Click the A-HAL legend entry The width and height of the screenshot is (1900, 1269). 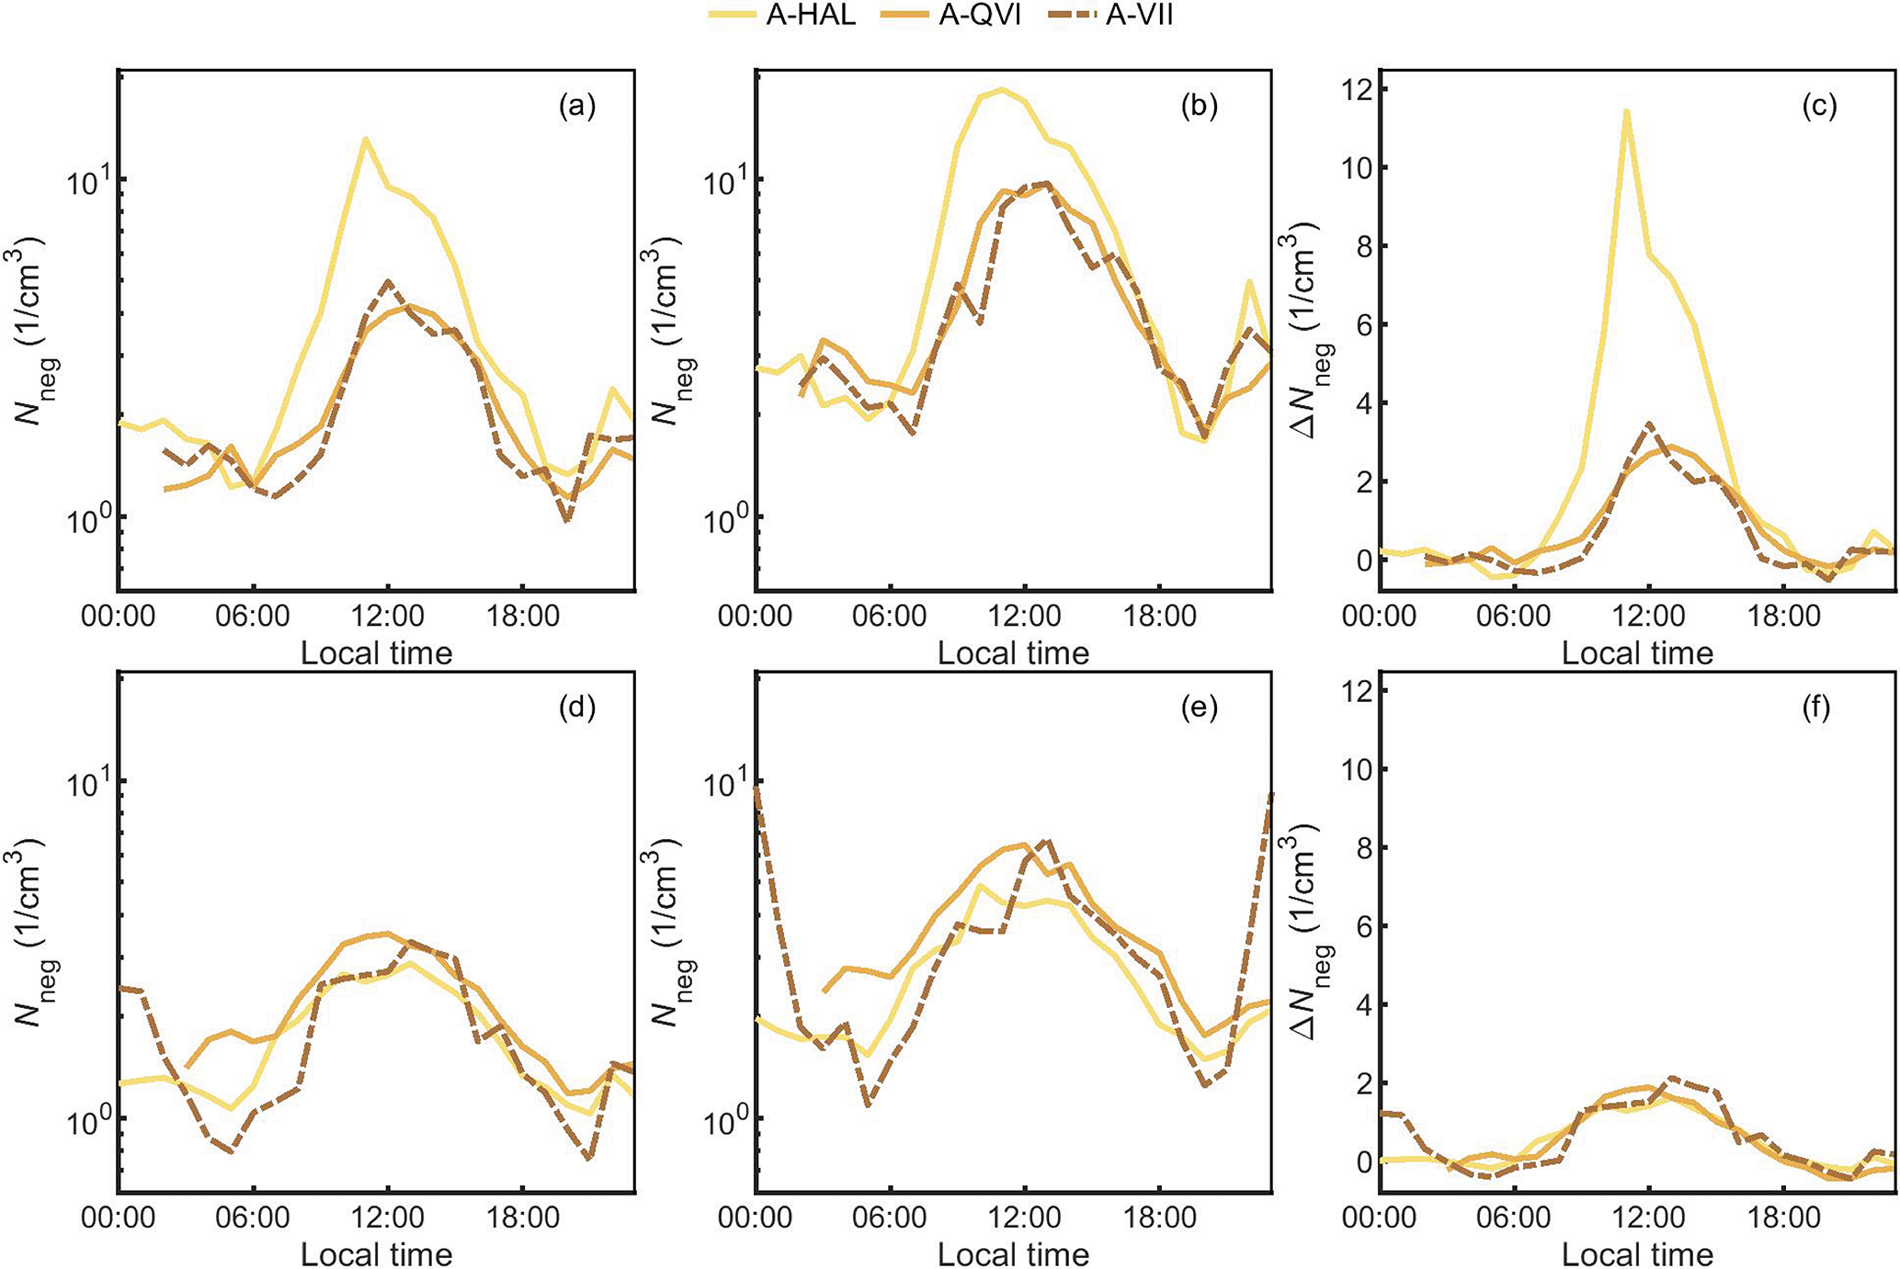click(782, 15)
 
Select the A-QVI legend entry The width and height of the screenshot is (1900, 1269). click(950, 15)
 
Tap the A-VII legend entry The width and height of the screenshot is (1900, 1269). click(1111, 15)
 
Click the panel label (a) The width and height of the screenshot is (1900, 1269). click(577, 107)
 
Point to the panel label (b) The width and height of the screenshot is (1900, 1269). click(1199, 107)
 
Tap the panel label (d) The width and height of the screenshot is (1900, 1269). click(577, 708)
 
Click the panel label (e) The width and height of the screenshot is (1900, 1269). click(1199, 708)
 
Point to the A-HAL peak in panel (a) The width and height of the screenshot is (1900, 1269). click(365, 139)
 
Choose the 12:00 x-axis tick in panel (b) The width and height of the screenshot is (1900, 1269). click(1025, 616)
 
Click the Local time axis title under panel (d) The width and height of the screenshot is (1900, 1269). click(377, 1254)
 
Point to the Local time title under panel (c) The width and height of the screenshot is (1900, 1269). click(1637, 653)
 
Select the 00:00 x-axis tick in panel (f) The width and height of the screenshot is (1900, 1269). click(1380, 1218)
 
